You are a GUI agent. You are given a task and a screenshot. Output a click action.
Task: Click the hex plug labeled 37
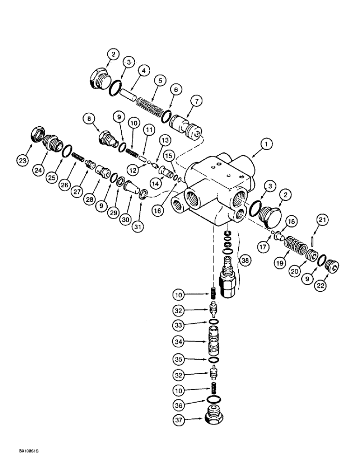click(x=215, y=414)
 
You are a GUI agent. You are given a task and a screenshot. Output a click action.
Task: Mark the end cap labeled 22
click(x=330, y=269)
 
